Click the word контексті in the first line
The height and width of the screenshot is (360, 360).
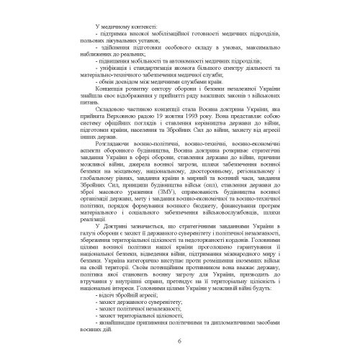[137, 27]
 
